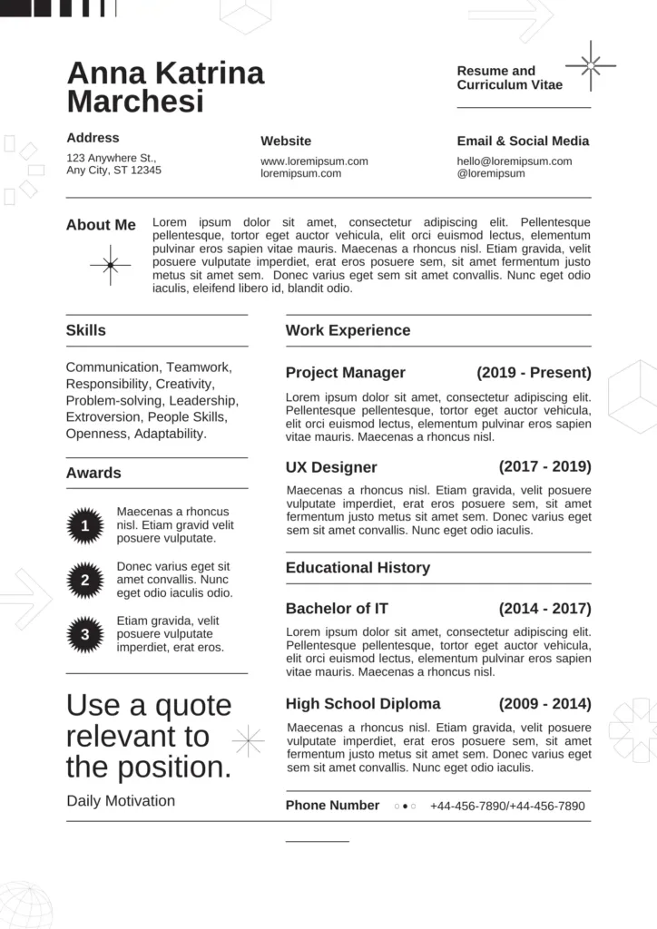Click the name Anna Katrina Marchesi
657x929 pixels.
[165, 87]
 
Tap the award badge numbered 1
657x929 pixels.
[84, 525]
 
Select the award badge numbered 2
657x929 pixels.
[84, 580]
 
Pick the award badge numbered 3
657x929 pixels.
[84, 634]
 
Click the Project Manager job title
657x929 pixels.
[345, 373]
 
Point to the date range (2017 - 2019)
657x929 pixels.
[544, 467]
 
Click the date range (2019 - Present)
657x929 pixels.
[534, 373]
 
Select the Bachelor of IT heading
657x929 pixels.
[336, 609]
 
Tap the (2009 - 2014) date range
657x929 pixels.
[544, 704]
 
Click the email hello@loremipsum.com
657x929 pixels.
[515, 161]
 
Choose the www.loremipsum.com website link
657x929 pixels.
[314, 161]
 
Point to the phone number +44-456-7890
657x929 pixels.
[507, 806]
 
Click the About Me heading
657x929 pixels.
[101, 225]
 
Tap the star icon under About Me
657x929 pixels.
[110, 265]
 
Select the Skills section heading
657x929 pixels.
[85, 330]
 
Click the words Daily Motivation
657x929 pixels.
[121, 801]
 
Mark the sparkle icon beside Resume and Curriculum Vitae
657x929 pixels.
[591, 65]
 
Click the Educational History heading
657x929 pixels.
[358, 568]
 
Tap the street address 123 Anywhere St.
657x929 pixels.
[111, 157]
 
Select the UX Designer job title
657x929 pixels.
[331, 468]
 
